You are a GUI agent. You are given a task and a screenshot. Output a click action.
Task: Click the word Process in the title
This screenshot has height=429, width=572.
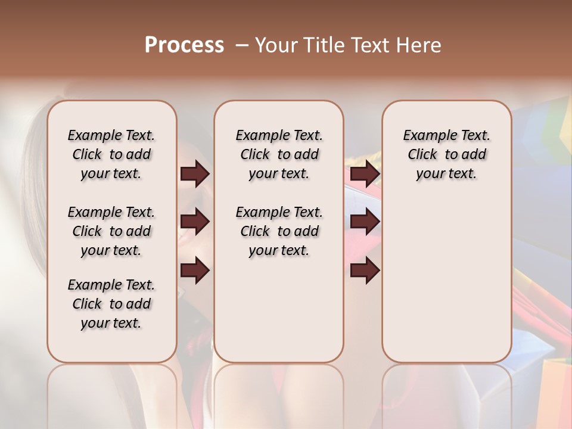coord(184,45)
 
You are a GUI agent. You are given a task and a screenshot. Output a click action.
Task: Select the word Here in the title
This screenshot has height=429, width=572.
coord(419,45)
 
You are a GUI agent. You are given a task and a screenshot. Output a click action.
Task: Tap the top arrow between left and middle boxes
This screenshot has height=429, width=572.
coord(195,173)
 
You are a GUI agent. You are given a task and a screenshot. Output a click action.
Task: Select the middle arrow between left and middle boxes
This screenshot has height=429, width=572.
coord(195,222)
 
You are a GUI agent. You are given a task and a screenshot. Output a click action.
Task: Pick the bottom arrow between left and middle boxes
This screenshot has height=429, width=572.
coord(195,271)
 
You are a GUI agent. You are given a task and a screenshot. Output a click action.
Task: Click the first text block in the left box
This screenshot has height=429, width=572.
coord(111,154)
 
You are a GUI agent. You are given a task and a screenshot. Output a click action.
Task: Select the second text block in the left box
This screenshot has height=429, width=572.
coord(111,231)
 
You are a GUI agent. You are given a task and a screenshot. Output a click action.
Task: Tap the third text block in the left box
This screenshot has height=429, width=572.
coord(111,304)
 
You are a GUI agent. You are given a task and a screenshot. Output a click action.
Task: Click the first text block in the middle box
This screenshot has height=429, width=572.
coord(279,154)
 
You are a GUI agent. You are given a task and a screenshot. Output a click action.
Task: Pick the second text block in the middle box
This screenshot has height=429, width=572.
coord(279,231)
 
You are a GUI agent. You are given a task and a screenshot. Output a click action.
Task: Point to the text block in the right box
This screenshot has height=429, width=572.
coord(446,154)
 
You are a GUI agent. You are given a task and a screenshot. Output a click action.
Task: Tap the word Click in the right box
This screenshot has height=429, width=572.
coord(422,155)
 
